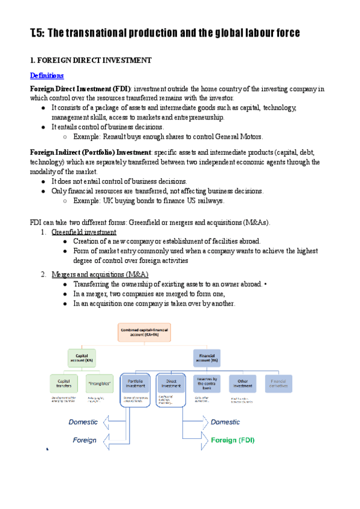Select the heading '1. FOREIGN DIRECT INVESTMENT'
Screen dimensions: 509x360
click(x=91, y=61)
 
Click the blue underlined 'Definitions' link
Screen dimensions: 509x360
click(x=47, y=76)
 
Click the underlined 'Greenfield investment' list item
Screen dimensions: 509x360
click(x=84, y=232)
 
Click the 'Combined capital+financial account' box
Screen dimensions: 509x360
click(x=145, y=332)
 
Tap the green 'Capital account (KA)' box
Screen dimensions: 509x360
click(x=81, y=358)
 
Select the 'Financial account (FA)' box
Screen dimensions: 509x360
click(x=206, y=358)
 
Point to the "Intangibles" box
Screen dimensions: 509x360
click(x=100, y=383)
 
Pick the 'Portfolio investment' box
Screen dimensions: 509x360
click(x=136, y=383)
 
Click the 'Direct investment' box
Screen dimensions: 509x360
click(x=170, y=383)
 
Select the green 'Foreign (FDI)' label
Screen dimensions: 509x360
click(x=233, y=440)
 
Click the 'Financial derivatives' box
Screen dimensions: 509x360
click(x=278, y=383)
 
